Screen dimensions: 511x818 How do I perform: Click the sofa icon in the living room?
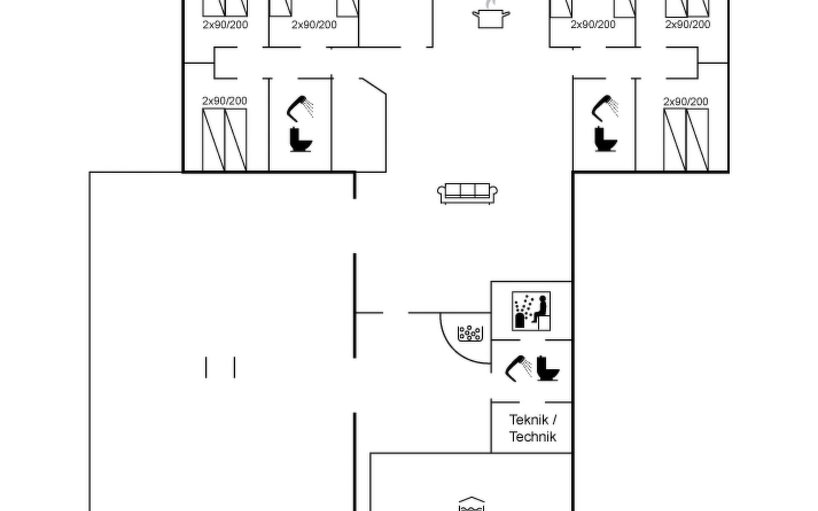pos(467,193)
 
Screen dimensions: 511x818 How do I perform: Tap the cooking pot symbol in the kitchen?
pos(491,19)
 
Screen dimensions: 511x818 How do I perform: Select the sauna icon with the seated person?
pos(531,311)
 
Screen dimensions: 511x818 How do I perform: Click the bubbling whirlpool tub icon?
pos(470,333)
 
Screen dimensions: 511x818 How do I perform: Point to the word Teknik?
pos(529,420)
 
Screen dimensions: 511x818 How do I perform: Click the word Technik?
pos(533,437)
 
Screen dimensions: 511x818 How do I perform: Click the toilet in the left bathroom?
pos(300,139)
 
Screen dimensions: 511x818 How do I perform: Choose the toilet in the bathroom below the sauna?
pos(547,368)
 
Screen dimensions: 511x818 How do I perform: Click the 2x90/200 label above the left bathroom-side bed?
pos(225,101)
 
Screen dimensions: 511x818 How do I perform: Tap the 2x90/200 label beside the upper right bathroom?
pos(686,102)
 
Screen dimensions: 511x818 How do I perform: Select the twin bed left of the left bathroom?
pos(225,140)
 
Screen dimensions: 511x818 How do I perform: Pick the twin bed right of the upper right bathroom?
pos(686,140)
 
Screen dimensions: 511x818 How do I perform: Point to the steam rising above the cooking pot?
pos(491,4)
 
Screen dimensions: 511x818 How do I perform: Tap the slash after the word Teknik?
pos(554,420)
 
